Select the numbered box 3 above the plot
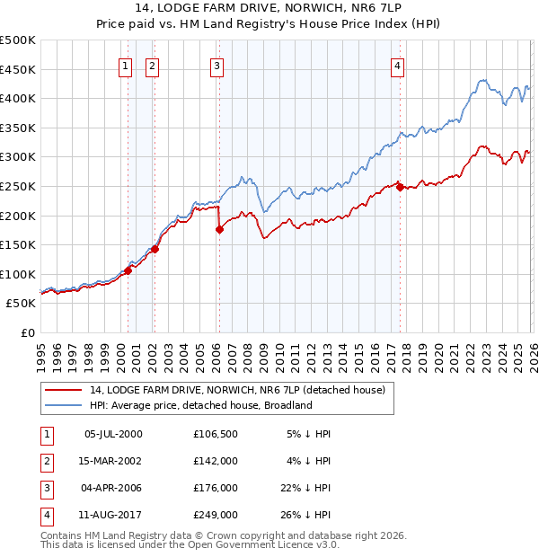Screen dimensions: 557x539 pos(216,65)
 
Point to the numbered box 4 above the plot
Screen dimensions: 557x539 pos(397,65)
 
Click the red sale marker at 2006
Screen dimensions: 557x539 pos(219,229)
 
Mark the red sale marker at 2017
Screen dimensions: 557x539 pos(400,186)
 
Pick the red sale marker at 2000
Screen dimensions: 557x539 pos(128,270)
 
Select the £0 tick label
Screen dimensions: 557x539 pos(27,332)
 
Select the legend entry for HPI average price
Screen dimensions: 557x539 pos(199,405)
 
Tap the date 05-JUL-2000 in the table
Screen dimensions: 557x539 pos(113,434)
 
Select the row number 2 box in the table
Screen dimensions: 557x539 pos(46,461)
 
